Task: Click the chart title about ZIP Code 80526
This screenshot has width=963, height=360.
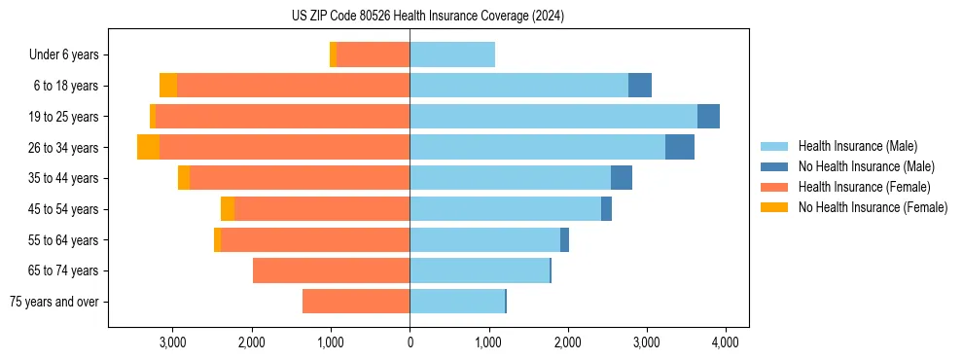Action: click(428, 17)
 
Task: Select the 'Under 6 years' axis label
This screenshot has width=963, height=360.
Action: click(69, 55)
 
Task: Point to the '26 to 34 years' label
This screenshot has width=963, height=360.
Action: click(64, 148)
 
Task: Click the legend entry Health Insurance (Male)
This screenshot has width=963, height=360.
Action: click(857, 146)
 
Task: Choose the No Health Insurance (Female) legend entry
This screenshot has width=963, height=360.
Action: click(873, 207)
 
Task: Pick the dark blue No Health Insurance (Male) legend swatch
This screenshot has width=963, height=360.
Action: click(774, 166)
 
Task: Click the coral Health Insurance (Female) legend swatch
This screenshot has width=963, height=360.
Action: click(774, 187)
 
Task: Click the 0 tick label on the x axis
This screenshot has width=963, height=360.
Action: click(410, 342)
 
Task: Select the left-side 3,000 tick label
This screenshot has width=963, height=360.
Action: click(172, 342)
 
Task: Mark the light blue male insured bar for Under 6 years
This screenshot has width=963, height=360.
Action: click(452, 55)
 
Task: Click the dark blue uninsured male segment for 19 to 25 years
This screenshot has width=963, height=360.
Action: click(708, 117)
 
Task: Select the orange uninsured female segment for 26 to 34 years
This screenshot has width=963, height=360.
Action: click(148, 148)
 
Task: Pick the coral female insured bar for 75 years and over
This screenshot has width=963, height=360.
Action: click(356, 302)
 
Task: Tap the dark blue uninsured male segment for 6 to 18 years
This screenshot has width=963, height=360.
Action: click(640, 86)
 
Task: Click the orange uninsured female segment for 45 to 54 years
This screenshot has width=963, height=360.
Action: click(228, 209)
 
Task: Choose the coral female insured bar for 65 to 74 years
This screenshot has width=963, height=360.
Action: click(331, 270)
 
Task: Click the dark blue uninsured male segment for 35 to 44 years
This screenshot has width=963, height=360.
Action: click(622, 178)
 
